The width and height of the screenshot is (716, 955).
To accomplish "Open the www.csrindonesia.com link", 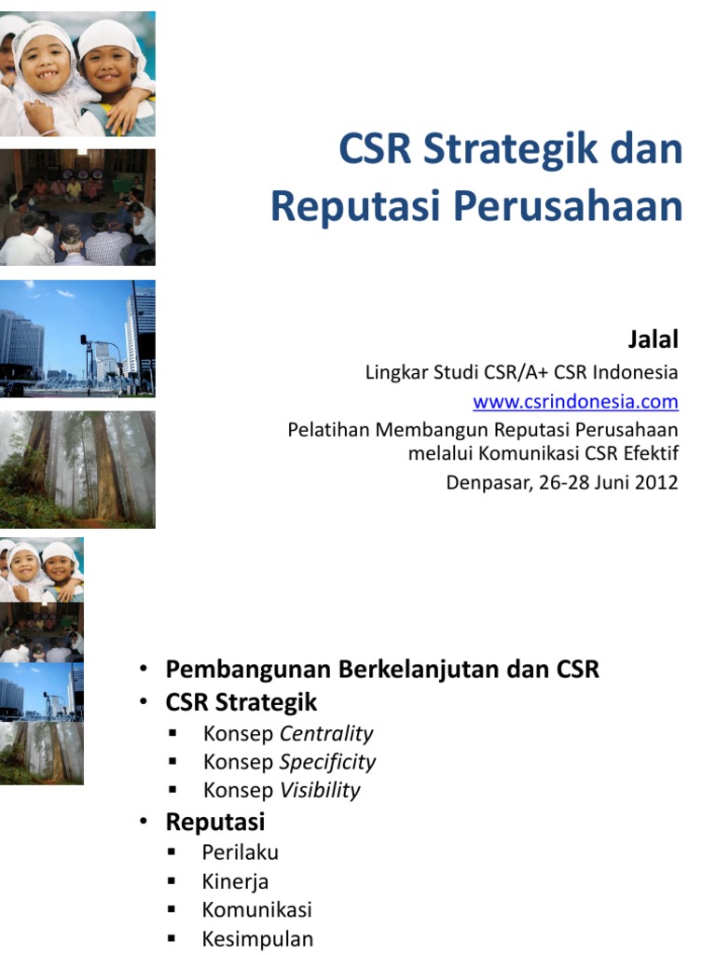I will click(575, 402).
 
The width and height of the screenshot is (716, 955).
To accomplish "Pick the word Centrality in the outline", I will click(326, 733).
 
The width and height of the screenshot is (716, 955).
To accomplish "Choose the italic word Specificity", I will click(327, 761).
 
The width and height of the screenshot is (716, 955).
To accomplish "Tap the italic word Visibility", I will click(320, 790).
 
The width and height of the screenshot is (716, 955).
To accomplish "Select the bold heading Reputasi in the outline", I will click(215, 822).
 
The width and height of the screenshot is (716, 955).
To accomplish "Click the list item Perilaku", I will click(240, 852).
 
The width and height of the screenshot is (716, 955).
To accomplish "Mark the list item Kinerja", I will click(235, 881).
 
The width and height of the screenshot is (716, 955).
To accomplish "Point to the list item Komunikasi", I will click(256, 909).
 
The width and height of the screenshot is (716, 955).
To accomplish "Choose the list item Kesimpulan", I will click(257, 938).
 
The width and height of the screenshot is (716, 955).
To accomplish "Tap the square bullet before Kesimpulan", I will click(172, 938).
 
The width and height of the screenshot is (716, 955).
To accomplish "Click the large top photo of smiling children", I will click(77, 75).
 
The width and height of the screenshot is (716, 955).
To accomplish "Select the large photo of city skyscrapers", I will click(77, 339).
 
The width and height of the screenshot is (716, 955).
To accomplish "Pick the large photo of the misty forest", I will click(77, 470).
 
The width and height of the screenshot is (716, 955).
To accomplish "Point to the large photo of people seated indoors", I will click(77, 207).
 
